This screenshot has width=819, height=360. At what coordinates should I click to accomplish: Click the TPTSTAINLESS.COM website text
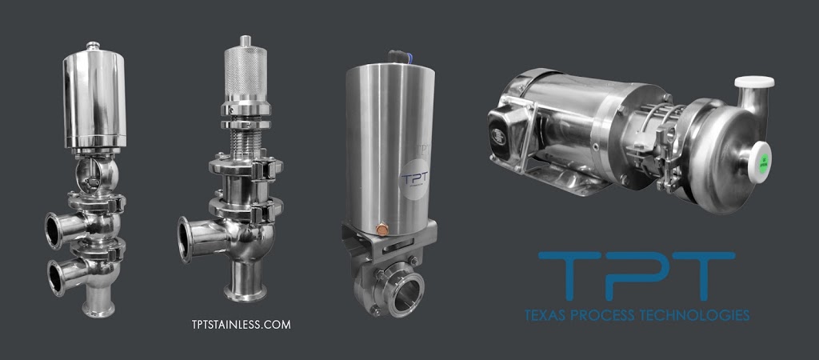236,325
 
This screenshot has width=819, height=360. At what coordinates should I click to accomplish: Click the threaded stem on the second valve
243,142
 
